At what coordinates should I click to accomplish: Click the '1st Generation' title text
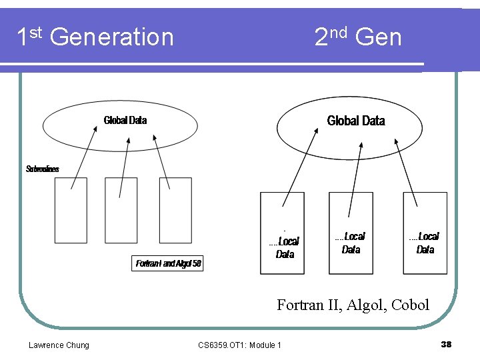(95, 37)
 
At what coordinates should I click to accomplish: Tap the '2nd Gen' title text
(358, 37)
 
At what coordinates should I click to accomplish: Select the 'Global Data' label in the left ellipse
(125, 121)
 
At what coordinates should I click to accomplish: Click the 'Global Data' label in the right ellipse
(356, 121)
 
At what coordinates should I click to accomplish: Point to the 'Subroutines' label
(43, 169)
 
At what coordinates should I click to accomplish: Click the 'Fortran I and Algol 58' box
(168, 263)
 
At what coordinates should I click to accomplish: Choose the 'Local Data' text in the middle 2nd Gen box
(351, 243)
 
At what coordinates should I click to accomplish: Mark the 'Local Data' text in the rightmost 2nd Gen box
(425, 243)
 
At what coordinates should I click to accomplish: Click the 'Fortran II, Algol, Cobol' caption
(353, 305)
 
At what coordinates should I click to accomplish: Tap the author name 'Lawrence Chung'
(59, 345)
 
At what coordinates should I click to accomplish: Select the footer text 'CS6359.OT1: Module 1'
(239, 345)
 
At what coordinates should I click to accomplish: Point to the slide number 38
(446, 344)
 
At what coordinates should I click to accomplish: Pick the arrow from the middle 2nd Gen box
(357, 170)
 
